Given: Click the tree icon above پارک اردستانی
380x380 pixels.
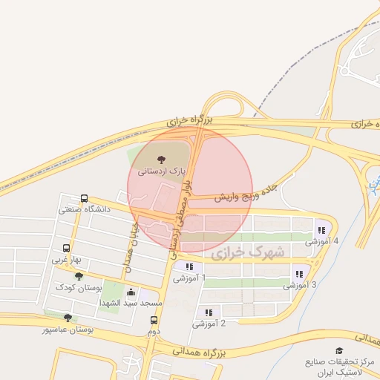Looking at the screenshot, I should tap(161, 159).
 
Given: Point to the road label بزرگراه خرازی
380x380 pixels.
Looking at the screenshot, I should tap(189, 120).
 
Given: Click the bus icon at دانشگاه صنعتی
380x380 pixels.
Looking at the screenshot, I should tap(84, 199).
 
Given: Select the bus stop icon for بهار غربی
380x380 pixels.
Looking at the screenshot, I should tap(67, 249).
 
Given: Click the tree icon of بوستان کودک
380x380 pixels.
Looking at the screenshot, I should tap(79, 276).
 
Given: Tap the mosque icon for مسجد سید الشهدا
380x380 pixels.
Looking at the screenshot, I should tap(131, 292).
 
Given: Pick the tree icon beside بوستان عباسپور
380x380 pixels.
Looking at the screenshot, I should tap(68, 318).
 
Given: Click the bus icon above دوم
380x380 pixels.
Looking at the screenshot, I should tap(154, 321).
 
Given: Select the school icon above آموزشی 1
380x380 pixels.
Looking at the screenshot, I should tap(189, 266).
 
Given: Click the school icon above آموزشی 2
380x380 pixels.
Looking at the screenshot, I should tap(209, 312).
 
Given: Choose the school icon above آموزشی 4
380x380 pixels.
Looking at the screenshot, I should tap(321, 230).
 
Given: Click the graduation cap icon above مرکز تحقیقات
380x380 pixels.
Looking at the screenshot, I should tap(339, 350).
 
